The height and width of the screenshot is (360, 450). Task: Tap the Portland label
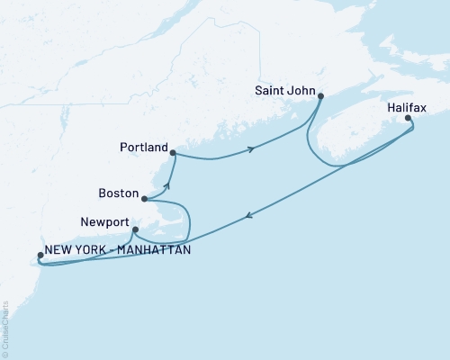(144, 146)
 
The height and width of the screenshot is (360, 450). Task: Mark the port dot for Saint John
(320, 95)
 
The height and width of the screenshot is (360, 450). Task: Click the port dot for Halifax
(408, 118)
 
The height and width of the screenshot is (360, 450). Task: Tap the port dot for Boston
(144, 199)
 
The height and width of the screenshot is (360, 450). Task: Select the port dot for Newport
(135, 229)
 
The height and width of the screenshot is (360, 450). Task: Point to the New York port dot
(39, 256)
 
